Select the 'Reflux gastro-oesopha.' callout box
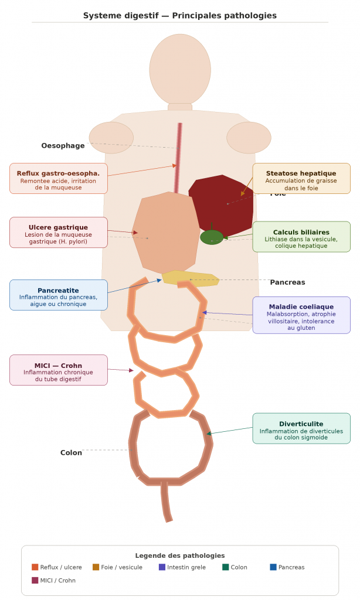pos(59,178)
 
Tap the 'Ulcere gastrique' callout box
pos(59,232)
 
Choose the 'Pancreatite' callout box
pos(59,295)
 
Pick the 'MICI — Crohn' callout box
pos(59,370)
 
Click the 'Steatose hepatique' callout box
pos(301,178)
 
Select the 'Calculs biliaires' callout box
pos(301,237)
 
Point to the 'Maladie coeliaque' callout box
pos(301,315)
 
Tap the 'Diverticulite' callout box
pos(301,428)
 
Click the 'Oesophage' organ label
pos(63,146)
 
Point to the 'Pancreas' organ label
pos(287,282)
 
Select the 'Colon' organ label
pos(71,453)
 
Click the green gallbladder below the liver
pos(212,237)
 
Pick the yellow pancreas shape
pos(191,278)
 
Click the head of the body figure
pos(180,69)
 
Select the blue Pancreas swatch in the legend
pos(273,567)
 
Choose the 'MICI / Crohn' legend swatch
pos(35,581)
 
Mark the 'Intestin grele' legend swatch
pos(162,567)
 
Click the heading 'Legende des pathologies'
pos(179,555)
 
